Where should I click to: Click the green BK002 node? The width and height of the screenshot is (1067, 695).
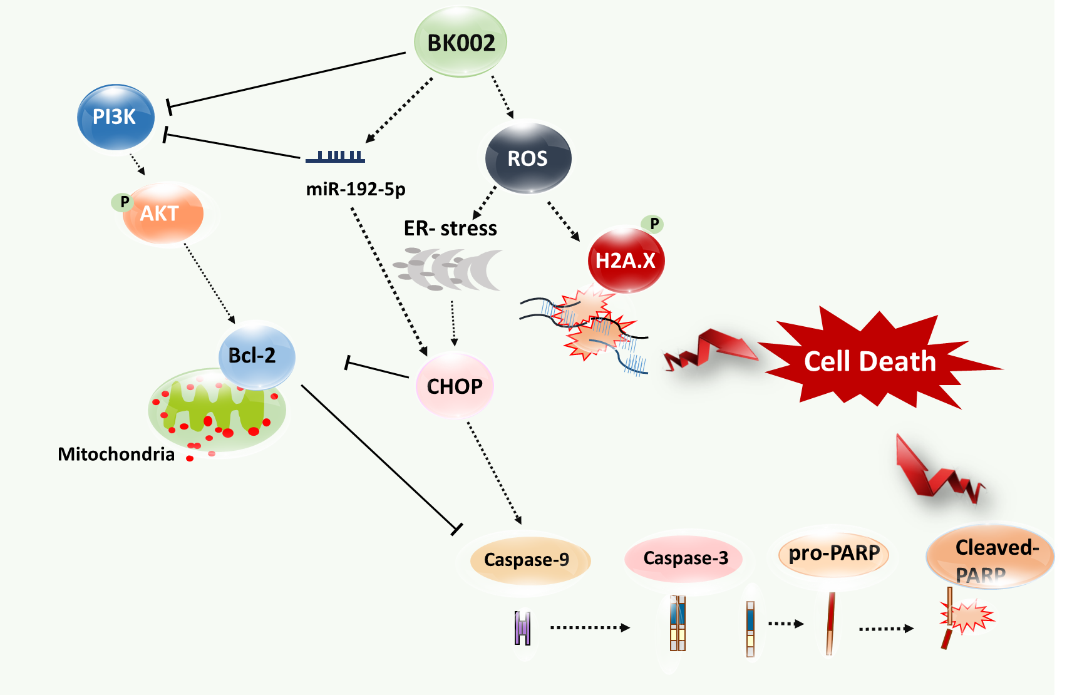[x=460, y=42]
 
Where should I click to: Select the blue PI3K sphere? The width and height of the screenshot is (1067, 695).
[x=115, y=117]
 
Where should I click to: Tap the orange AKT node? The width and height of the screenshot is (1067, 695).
[x=163, y=214]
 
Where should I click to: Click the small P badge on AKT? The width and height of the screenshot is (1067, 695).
[x=124, y=202]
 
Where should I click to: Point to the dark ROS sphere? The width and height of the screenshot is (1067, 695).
[x=528, y=158]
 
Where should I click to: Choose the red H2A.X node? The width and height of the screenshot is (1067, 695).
[x=626, y=260]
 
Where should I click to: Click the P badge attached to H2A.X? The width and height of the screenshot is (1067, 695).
[x=654, y=224]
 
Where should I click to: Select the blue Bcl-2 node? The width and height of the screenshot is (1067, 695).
[x=255, y=355]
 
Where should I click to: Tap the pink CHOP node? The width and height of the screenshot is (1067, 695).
[x=455, y=386]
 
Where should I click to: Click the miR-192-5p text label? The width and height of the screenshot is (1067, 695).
[x=356, y=188]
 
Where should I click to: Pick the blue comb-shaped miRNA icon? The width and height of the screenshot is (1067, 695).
[x=336, y=157]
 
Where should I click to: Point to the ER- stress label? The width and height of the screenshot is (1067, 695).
[x=450, y=229]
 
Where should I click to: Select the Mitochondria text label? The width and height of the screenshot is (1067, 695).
[x=116, y=454]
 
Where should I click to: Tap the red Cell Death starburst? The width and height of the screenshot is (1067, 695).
[x=870, y=361]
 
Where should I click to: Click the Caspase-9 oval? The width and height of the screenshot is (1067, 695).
[x=527, y=559]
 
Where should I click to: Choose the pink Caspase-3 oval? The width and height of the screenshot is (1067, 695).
[x=686, y=558]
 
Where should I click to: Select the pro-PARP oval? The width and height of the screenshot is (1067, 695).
[x=834, y=553]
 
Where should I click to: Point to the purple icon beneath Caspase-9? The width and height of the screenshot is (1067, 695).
[x=522, y=628]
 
